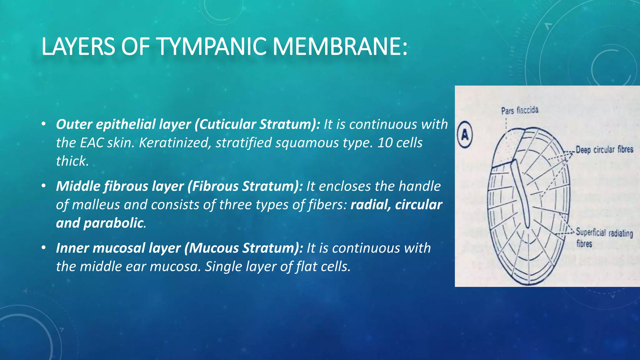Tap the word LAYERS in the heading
click(x=78, y=47)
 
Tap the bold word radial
click(x=370, y=205)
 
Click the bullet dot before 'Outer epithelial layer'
click(x=43, y=124)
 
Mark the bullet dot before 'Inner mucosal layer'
click(x=43, y=248)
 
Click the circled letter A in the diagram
click(x=465, y=135)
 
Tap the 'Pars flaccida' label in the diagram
click(x=520, y=110)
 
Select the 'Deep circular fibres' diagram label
click(x=604, y=150)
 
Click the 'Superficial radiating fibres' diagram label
click(x=604, y=237)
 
